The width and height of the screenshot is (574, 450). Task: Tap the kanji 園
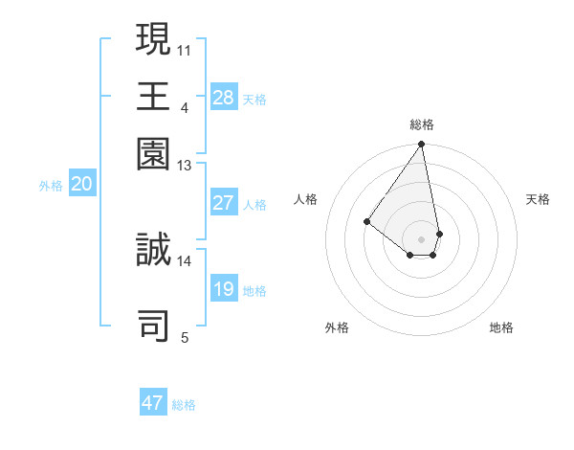pyautogui.click(x=153, y=153)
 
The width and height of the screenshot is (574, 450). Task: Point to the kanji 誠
pyautogui.click(x=153, y=251)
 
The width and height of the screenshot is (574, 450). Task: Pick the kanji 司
pyautogui.click(x=153, y=326)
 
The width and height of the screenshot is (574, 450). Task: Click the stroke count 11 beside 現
pyautogui.click(x=185, y=49)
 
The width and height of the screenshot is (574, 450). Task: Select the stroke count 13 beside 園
pyautogui.click(x=185, y=166)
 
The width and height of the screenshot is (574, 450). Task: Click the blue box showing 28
pyautogui.click(x=224, y=97)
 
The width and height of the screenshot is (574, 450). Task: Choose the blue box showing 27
pyautogui.click(x=224, y=203)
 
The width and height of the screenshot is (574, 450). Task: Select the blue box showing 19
pyautogui.click(x=224, y=289)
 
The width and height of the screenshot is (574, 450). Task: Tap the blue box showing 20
pyautogui.click(x=81, y=185)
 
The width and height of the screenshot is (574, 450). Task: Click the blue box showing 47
pyautogui.click(x=153, y=403)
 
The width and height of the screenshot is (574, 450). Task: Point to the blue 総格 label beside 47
pyautogui.click(x=184, y=405)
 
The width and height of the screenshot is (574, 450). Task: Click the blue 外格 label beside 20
pyautogui.click(x=51, y=186)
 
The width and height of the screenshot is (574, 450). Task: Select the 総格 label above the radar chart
pyautogui.click(x=422, y=124)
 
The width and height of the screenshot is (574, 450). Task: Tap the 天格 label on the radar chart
pyautogui.click(x=538, y=199)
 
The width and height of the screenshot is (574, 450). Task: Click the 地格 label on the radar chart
pyautogui.click(x=501, y=327)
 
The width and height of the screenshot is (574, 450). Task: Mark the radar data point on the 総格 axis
pyautogui.click(x=422, y=145)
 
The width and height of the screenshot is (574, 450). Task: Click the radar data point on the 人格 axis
pyautogui.click(x=366, y=221)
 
